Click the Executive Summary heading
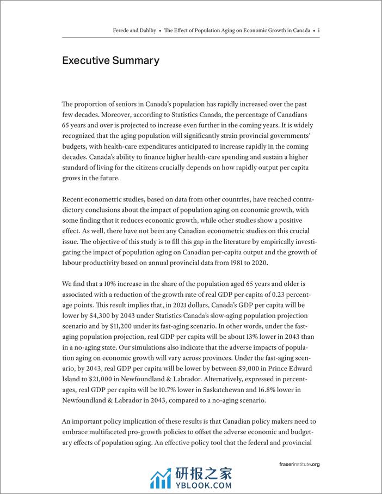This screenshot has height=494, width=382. coord(110,60)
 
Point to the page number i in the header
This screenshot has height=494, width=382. coord(318,31)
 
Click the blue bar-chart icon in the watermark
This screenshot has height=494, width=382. coord(161,477)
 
